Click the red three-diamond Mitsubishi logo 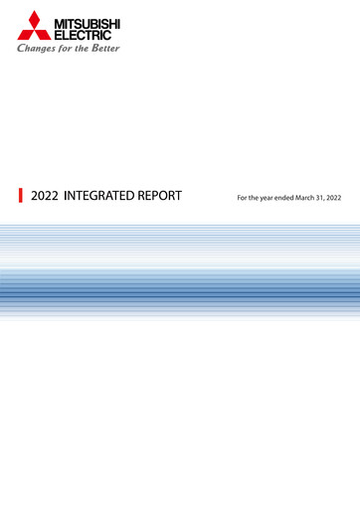[x=34, y=25]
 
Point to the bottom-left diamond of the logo [x=25, y=33]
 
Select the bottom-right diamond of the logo [x=43, y=33]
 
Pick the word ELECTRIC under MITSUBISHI [x=82, y=33]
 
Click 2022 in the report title [x=45, y=196]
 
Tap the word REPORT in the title [x=161, y=196]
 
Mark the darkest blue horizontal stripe [x=180, y=294]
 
